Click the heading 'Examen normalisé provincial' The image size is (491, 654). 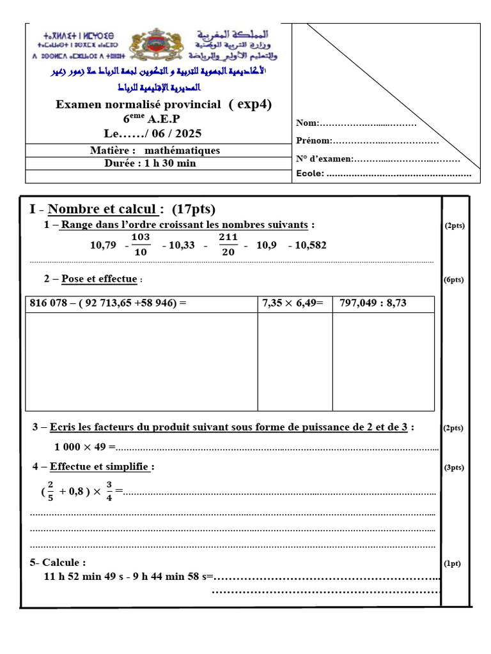[138, 105]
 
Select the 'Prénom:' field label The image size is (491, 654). [313, 141]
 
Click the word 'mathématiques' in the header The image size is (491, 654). [182, 151]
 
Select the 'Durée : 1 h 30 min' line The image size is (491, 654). [150, 163]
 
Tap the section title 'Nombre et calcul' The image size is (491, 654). [102, 209]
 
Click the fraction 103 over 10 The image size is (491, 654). [140, 245]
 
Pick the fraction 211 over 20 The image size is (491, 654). [228, 245]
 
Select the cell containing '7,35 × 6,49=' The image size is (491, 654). [293, 303]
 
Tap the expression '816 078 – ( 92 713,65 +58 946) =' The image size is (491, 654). [109, 303]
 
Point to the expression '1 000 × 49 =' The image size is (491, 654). [84, 446]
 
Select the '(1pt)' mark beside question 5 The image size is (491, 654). [453, 563]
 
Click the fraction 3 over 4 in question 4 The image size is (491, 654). [109, 491]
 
